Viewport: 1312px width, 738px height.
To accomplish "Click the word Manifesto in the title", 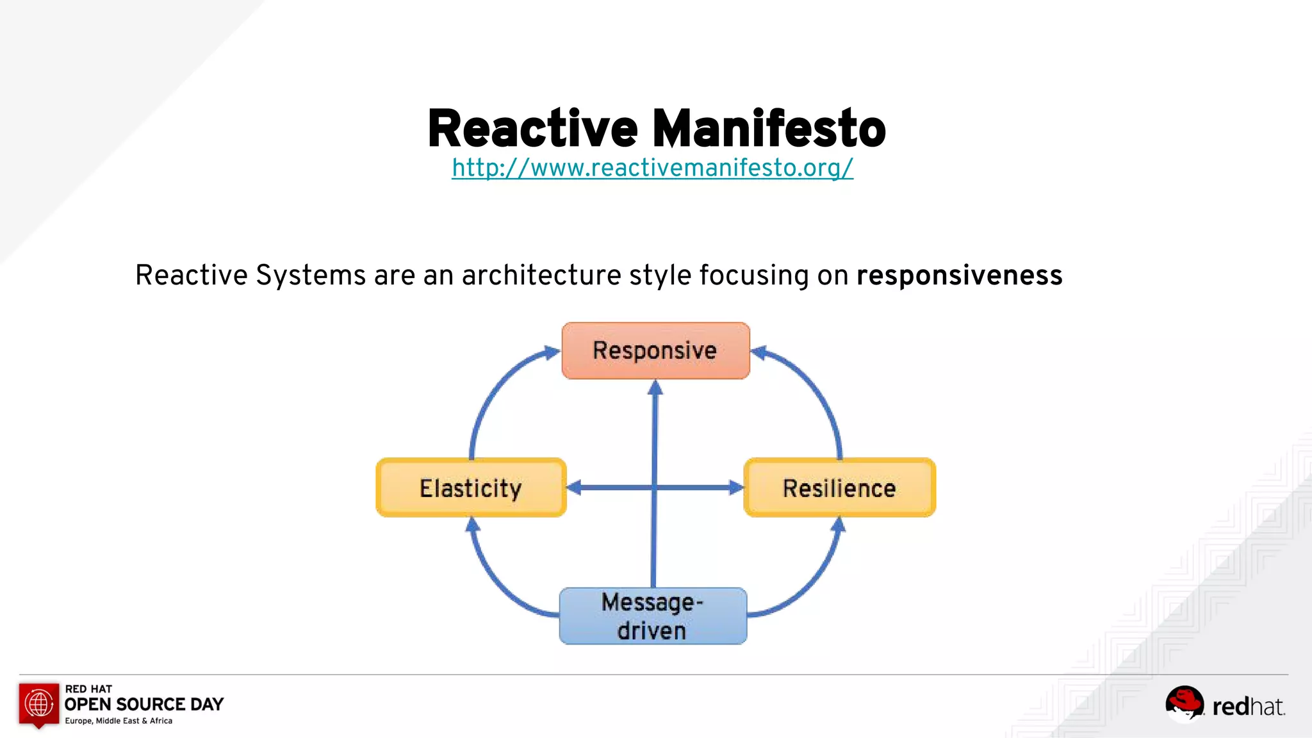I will [x=769, y=129].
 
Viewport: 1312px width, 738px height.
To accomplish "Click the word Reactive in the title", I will [x=532, y=129].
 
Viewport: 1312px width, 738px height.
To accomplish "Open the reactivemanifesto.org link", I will [x=652, y=168].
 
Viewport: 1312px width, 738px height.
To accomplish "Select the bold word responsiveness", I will [x=959, y=275].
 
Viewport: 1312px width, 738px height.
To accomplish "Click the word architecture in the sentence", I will [x=541, y=275].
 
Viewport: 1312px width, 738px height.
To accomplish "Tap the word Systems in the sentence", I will [x=311, y=275].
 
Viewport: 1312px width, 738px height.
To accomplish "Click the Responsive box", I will [x=655, y=350].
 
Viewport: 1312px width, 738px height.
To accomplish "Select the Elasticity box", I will [x=471, y=488].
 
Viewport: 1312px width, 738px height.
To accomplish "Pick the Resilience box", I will [x=839, y=488].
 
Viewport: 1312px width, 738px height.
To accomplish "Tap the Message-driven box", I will [x=653, y=616].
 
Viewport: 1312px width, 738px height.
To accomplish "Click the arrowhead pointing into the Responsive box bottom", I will [x=655, y=388].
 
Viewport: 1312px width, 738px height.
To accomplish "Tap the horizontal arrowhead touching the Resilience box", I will [x=735, y=488].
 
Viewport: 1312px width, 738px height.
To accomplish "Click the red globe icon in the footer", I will [x=39, y=704].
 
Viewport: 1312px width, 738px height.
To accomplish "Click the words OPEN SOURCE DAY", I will [x=144, y=704].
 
